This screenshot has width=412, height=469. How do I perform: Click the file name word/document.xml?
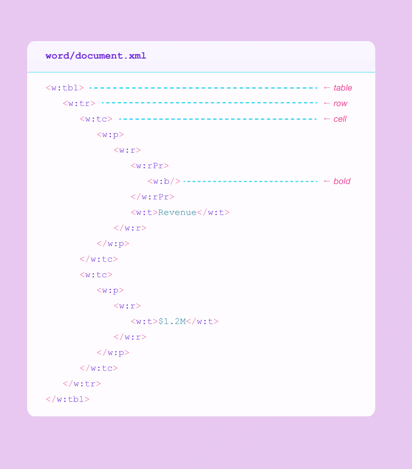96,56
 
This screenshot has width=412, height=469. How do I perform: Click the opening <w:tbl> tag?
65,88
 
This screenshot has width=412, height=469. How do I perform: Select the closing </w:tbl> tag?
68,399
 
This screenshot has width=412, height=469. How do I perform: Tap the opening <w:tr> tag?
79,103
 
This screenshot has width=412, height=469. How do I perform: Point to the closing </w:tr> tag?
82,383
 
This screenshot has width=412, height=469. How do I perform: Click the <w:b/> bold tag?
164,181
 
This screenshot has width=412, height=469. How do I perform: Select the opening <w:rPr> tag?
150,165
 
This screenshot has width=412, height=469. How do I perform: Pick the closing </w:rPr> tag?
153,197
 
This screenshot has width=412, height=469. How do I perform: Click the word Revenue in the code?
177,212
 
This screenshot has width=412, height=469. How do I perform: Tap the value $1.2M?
172,321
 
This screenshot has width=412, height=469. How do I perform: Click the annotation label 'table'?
343,88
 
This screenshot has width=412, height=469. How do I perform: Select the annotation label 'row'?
340,103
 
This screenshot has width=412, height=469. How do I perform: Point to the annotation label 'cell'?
340,119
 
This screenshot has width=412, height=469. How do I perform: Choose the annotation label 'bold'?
342,181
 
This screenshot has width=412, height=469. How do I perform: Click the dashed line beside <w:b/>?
250,181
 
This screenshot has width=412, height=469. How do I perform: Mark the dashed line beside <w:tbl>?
203,88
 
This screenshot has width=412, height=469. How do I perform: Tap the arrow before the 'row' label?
327,103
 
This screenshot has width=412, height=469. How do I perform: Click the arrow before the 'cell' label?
327,119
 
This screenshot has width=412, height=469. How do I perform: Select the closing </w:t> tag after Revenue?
213,212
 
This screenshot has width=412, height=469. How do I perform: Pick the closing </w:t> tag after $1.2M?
202,321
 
